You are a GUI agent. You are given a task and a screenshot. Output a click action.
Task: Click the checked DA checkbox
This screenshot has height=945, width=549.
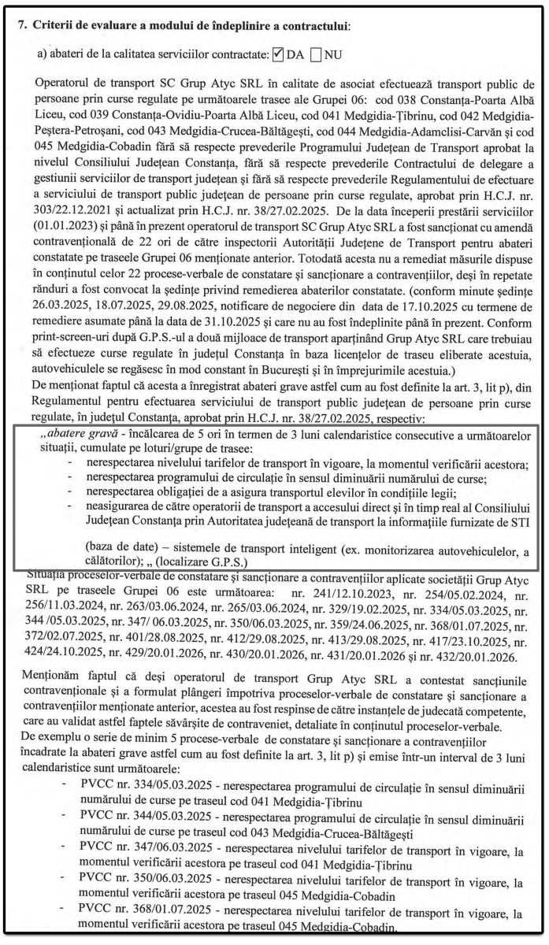tap(277, 55)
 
